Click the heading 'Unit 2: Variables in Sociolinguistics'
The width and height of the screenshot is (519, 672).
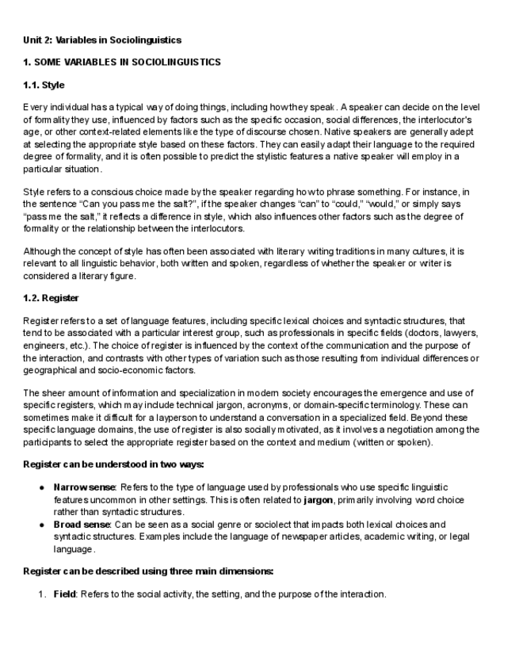(102, 39)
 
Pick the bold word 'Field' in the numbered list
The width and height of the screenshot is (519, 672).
(64, 594)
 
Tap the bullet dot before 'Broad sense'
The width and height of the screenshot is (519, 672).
(40, 525)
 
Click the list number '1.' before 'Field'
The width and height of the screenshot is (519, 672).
(43, 594)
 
